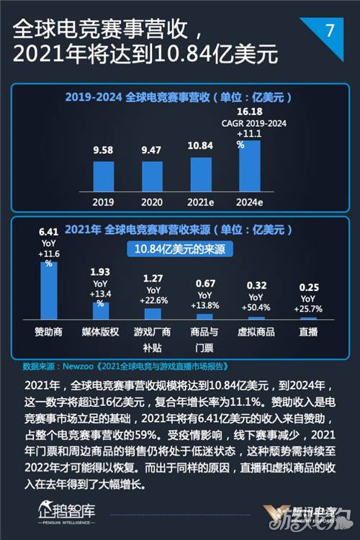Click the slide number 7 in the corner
coord(330,30)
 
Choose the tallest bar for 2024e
coord(250,166)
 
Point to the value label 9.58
coord(103,151)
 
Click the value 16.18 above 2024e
coord(250,112)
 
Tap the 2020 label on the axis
coord(153,202)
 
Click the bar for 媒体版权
coord(100,310)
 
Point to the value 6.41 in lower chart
coord(48,232)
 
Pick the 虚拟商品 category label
coord(256,333)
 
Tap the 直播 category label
coord(308,333)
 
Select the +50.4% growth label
coord(256,308)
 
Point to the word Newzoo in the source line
coord(78,365)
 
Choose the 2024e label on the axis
coord(250,202)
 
